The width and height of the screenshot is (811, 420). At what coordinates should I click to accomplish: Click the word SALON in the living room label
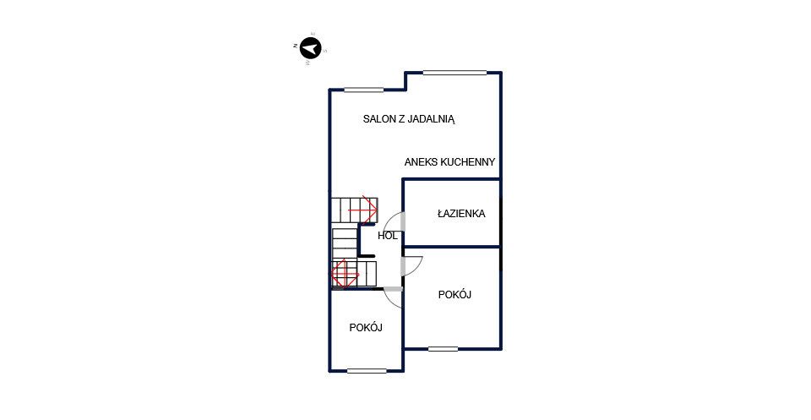coord(378,119)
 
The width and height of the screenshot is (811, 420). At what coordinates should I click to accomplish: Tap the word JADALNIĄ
coord(432,119)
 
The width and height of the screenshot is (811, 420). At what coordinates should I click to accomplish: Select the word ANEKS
coord(421,162)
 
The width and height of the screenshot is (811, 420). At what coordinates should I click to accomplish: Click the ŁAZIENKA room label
coord(461,213)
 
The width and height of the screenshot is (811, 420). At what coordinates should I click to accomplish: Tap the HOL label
coord(388,236)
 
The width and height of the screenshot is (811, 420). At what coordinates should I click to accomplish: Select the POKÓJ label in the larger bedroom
coord(454,295)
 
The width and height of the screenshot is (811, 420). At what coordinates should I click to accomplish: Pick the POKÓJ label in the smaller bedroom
coord(366,327)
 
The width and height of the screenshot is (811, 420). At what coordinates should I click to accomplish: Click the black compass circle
coord(310,49)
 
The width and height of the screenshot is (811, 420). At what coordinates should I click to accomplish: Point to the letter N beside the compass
coord(296,46)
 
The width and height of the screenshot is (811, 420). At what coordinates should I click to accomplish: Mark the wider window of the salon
coord(455,73)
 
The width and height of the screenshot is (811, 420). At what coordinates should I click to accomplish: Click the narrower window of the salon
coord(364,90)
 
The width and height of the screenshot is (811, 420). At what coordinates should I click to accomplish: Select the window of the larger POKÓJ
coord(443,349)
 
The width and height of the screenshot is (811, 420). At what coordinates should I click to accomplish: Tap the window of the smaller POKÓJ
coord(367,370)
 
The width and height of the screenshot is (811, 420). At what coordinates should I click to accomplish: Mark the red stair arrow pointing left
coord(345,273)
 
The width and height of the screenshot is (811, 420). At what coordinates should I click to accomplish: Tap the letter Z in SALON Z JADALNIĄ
coord(400,119)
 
